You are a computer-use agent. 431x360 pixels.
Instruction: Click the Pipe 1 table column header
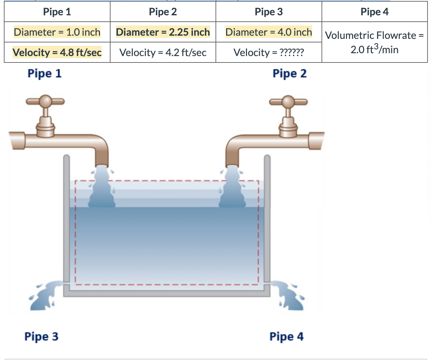tap(57, 12)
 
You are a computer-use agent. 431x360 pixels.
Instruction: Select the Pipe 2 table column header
tap(163, 12)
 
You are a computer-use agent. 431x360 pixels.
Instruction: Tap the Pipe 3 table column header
tap(269, 12)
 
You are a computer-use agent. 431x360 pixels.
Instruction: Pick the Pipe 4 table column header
tap(374, 12)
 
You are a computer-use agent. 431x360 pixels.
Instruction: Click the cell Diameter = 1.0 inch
tap(57, 32)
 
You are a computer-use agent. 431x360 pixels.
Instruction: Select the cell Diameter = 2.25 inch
tap(163, 32)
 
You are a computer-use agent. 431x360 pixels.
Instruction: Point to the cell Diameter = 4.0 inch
tap(269, 32)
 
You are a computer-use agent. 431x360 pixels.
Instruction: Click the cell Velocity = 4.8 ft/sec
tap(57, 52)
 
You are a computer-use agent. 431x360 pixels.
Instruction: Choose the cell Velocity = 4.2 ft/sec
tap(163, 52)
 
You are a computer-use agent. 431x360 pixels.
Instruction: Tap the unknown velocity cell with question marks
tap(269, 52)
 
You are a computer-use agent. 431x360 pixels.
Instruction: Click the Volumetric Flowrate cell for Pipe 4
tap(374, 42)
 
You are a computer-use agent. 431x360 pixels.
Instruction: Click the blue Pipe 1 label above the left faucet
tap(44, 74)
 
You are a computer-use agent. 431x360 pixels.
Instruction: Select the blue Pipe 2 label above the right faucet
tap(289, 74)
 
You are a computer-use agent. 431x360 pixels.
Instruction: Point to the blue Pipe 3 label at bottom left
tap(41, 336)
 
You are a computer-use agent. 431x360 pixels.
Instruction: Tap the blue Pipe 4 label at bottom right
tap(286, 336)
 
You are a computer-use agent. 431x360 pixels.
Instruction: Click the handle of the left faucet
tap(46, 102)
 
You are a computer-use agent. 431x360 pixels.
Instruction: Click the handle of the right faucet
tap(288, 102)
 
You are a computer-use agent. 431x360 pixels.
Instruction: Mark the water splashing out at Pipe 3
tap(45, 295)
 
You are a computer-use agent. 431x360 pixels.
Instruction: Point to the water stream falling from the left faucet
tap(102, 188)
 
